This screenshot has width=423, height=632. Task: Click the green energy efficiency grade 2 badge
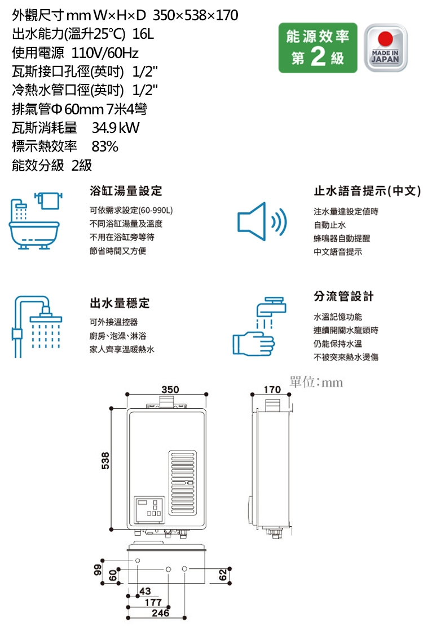(x=318, y=48)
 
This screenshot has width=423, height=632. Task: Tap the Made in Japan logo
(x=386, y=48)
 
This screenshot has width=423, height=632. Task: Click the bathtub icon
(x=34, y=220)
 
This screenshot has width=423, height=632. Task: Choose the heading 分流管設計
(x=343, y=296)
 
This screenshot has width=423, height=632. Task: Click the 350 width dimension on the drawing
(x=170, y=390)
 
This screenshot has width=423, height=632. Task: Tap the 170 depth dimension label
(x=271, y=390)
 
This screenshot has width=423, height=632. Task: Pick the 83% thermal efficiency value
(x=105, y=147)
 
